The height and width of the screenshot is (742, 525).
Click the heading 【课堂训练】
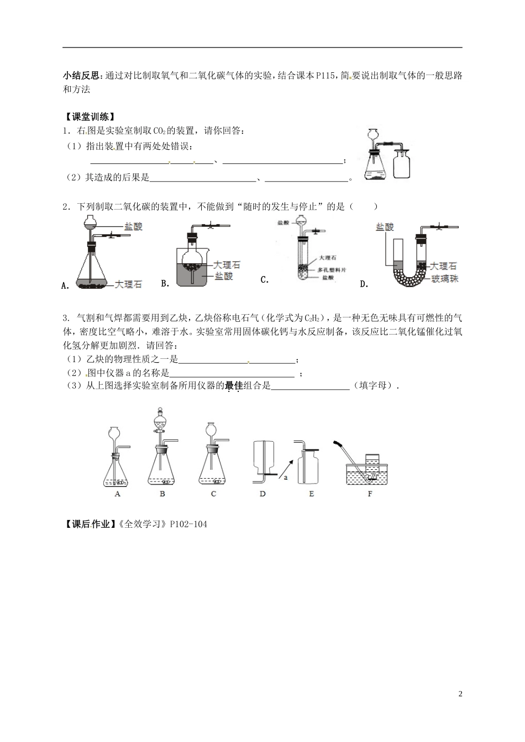tap(89, 116)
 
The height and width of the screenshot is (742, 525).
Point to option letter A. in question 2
tap(66, 285)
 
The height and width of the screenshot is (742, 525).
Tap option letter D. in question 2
tap(364, 284)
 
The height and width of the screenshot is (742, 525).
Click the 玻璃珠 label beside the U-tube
tap(447, 278)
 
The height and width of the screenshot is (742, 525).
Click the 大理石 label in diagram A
tap(129, 284)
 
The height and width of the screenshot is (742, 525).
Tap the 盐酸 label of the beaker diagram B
tap(224, 277)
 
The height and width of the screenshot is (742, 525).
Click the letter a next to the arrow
tap(286, 478)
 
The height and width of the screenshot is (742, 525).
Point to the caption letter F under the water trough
tap(370, 494)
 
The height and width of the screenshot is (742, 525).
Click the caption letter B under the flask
tap(162, 494)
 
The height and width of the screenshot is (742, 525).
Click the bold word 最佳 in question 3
tap(234, 386)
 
